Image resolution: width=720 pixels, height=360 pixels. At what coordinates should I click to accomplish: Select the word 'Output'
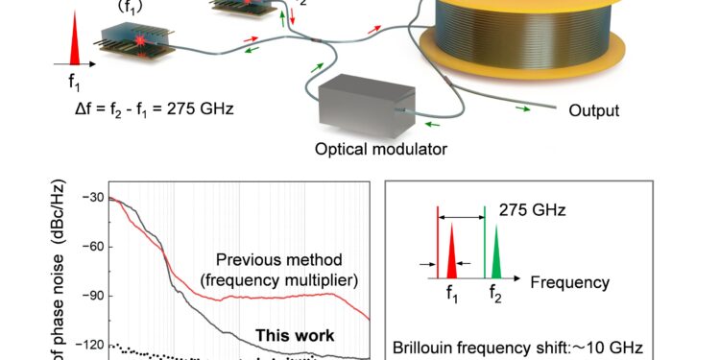(x=593, y=110)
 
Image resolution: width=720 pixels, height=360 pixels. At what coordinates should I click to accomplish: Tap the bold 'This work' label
(x=294, y=336)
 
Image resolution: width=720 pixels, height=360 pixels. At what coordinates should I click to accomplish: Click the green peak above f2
(x=496, y=258)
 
